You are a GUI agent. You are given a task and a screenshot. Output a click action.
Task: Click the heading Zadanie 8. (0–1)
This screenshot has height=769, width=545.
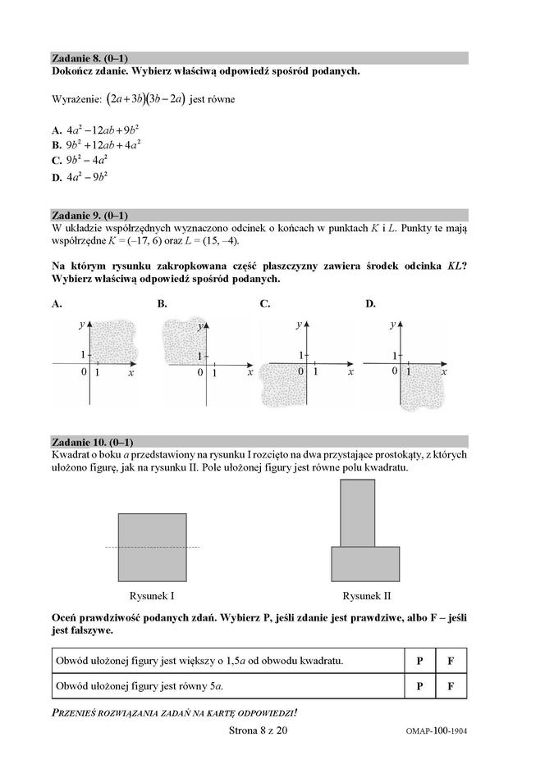coord(89,58)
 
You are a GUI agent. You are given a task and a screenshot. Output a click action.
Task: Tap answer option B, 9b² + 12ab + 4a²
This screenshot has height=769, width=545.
coord(95,145)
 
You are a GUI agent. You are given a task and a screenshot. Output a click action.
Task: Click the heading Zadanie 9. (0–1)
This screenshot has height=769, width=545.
coord(89,214)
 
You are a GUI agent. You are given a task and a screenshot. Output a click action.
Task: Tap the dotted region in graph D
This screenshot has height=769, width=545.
coord(423,387)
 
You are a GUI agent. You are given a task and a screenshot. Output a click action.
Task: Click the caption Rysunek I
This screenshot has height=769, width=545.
coord(152,595)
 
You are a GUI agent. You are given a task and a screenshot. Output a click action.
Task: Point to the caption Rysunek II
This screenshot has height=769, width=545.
coord(366,595)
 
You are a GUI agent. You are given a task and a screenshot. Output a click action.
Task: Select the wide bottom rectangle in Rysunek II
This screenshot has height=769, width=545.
coord(365,563)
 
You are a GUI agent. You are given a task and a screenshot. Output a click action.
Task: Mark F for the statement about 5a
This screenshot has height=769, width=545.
coord(451,685)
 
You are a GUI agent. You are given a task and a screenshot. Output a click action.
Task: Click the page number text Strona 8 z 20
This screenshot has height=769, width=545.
coord(257,730)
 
